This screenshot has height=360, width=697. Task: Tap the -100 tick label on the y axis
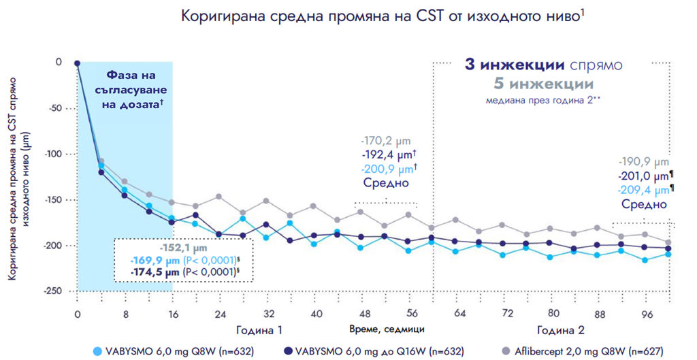(52, 154)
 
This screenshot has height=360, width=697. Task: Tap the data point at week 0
(77, 63)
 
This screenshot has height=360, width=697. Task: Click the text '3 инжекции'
(514, 65)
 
